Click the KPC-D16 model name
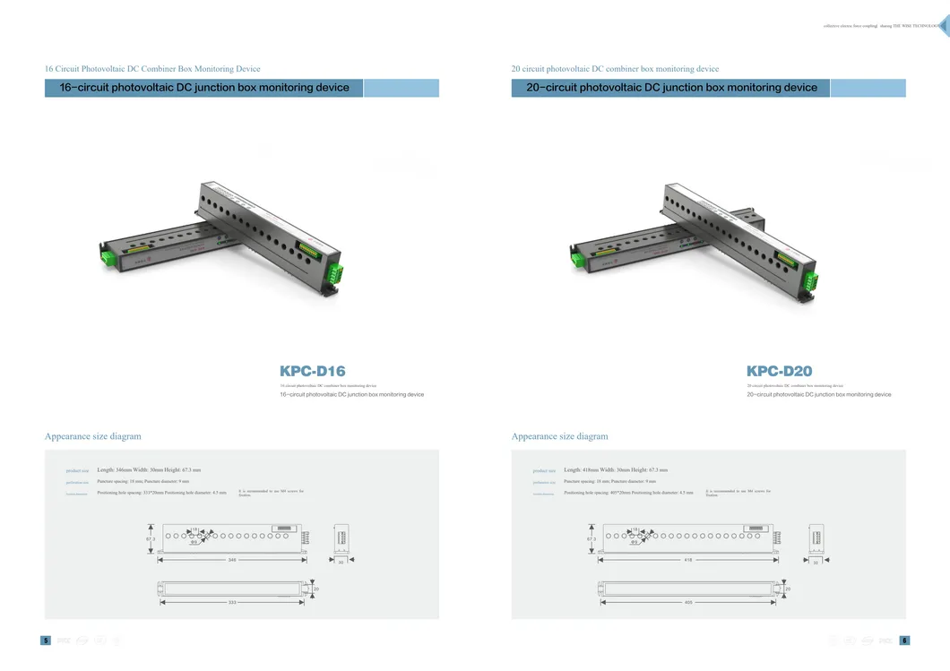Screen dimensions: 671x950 (312, 371)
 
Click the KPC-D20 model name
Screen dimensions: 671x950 (779, 371)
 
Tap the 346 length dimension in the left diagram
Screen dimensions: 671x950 (232, 560)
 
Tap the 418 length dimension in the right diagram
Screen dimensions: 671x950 (688, 560)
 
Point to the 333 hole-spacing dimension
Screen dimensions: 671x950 (232, 602)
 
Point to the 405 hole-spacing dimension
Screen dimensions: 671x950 (688, 602)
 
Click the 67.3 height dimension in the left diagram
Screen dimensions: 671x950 (151, 538)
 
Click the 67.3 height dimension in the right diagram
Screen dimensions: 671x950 (591, 538)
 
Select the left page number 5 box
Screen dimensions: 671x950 (45, 641)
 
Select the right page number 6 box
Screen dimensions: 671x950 (905, 641)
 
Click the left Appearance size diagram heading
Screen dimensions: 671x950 (92, 436)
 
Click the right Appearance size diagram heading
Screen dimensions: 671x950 (559, 436)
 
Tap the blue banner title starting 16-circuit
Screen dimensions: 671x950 (204, 88)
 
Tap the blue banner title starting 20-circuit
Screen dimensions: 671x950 (671, 88)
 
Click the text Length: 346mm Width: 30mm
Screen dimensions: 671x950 (149, 469)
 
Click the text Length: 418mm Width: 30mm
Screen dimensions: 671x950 (616, 469)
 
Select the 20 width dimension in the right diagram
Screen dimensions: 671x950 (788, 589)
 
